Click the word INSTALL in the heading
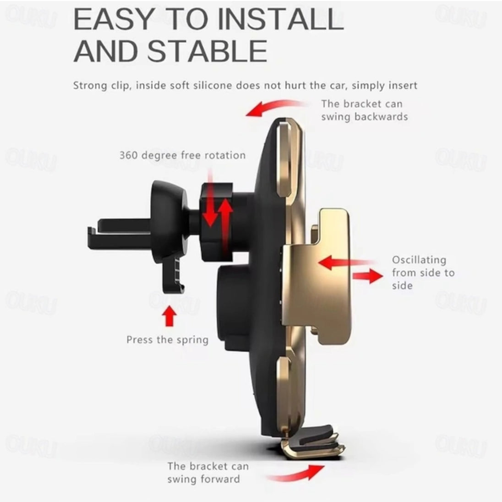click(280, 20)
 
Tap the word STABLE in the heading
click(207, 51)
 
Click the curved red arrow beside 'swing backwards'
click(275, 107)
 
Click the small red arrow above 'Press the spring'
click(169, 316)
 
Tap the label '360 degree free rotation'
click(182, 155)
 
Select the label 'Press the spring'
click(167, 340)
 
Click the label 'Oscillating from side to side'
click(423, 273)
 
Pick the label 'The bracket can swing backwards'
click(364, 110)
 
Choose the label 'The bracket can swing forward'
click(208, 472)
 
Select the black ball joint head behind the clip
click(169, 221)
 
